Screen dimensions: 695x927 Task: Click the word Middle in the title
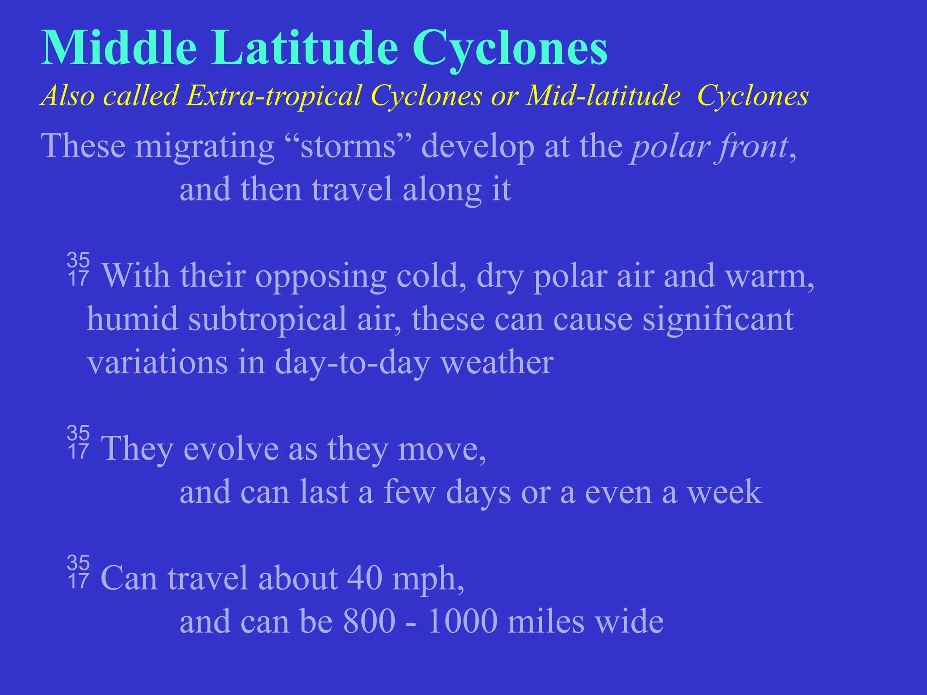click(x=119, y=48)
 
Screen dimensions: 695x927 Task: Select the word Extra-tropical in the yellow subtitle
click(x=274, y=96)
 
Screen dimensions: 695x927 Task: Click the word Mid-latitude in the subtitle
click(x=602, y=96)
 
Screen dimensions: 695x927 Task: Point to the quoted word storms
click(x=348, y=147)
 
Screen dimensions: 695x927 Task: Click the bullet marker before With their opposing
click(x=78, y=270)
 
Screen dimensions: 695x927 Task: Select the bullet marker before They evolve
click(x=78, y=443)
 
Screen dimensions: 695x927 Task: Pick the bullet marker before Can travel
click(x=78, y=572)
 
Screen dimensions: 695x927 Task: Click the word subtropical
click(x=267, y=319)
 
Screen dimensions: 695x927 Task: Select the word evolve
click(x=231, y=449)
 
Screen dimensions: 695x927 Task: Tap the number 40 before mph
click(x=365, y=578)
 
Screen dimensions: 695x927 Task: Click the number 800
click(x=369, y=622)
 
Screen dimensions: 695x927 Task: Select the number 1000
click(x=462, y=622)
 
